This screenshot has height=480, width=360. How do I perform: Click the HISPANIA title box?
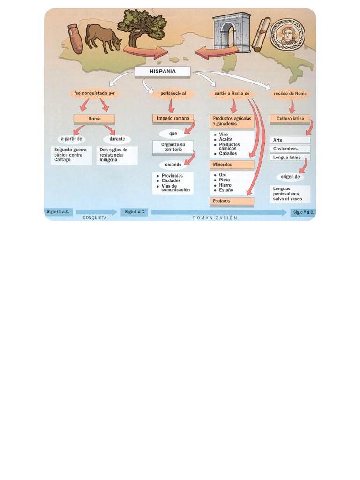coord(163,71)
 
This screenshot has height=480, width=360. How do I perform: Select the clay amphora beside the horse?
coord(75,38)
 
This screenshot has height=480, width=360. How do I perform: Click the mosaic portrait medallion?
coord(288,35)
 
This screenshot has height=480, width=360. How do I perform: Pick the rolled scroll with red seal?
coord(261,35)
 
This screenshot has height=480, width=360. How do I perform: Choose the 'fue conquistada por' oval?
coord(95,93)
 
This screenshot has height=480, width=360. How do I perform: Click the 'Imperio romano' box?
coord(173,119)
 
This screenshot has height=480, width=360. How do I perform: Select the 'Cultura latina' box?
coord(290,119)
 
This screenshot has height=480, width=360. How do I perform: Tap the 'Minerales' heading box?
coord(232,165)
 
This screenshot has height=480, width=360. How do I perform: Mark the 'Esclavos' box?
coord(232,201)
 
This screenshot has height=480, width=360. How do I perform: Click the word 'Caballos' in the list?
coord(228,154)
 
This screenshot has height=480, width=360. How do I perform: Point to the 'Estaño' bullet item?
coord(224,190)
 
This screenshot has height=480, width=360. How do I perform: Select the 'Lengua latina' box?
coord(290,157)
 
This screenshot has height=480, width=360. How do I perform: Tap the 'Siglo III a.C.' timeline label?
coord(58,212)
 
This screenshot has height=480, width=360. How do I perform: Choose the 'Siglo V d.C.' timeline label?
coord(303,212)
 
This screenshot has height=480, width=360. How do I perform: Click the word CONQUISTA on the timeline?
coord(95,218)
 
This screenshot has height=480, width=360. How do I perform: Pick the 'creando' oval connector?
coord(173,165)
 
